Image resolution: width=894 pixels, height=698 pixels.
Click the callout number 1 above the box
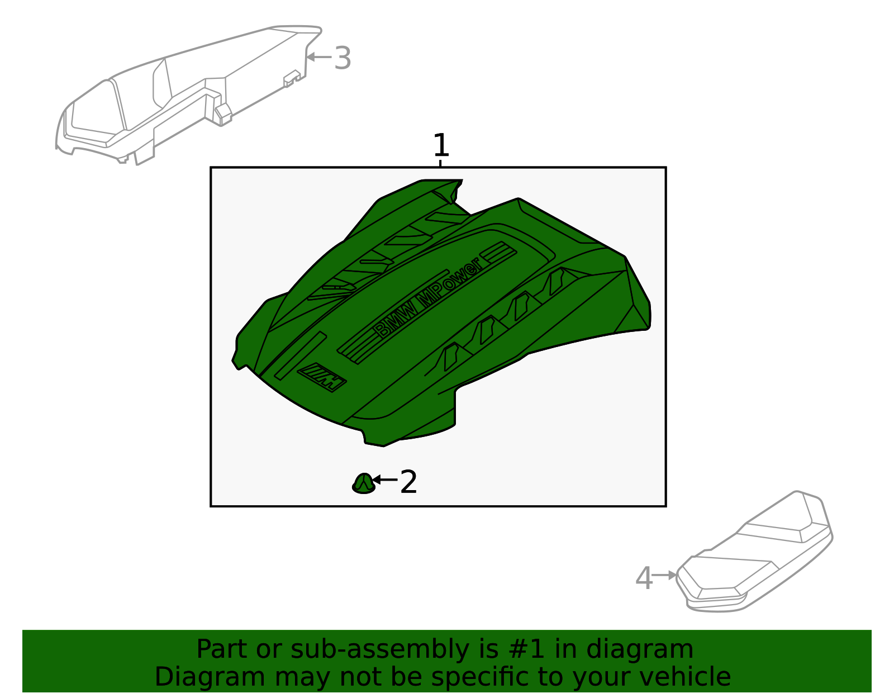coord(441,145)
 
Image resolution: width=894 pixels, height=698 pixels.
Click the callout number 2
coord(408,482)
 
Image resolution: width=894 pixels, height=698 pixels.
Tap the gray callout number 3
coord(343,58)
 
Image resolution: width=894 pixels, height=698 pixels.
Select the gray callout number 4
coord(644,578)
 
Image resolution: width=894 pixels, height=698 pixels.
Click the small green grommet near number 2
coord(364,484)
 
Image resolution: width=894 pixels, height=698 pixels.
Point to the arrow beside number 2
coord(385,479)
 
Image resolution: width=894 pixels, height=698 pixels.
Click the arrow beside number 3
coord(319,57)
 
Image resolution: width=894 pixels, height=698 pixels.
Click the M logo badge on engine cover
coord(322,377)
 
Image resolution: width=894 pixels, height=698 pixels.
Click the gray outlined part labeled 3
coord(188,95)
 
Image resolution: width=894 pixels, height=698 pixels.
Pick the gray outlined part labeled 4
coord(754,551)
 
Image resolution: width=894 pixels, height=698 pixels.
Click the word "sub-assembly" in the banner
coord(380,649)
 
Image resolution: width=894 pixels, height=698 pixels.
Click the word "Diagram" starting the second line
coord(210,678)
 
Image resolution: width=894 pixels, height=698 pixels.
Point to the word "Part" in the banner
coord(222,649)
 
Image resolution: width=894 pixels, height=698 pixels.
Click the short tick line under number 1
coord(440,163)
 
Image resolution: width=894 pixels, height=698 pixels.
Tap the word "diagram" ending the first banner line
coord(640,650)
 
